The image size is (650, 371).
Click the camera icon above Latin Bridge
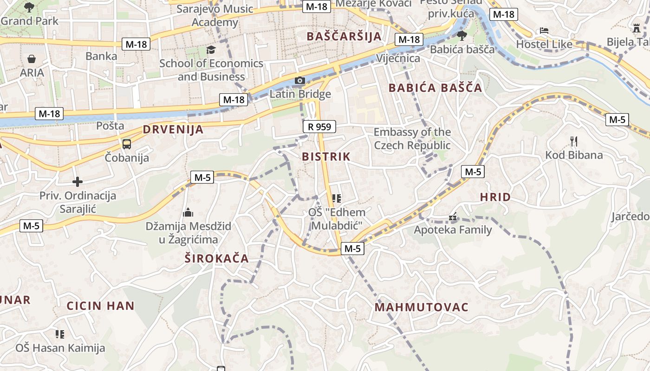[300, 81]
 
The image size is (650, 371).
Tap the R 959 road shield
[319, 126]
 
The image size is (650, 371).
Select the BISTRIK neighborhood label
[326, 157]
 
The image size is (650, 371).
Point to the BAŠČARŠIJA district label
[344, 36]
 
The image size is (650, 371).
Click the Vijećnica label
[398, 58]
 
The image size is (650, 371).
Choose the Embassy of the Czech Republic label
[412, 139]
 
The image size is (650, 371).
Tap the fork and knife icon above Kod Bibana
[574, 141]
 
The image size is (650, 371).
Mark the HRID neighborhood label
[495, 197]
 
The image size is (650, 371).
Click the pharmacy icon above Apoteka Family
[453, 217]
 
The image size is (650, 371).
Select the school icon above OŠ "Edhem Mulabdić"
[337, 199]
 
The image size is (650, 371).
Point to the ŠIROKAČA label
[216, 259]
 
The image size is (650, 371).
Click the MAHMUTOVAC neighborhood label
[421, 307]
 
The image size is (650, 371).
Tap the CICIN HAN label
[100, 306]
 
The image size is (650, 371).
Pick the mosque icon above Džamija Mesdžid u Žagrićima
[188, 212]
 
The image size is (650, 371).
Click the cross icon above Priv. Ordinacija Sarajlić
[78, 181]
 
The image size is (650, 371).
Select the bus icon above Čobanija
[127, 144]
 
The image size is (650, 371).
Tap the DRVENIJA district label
[173, 129]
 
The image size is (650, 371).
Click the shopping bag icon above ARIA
[32, 59]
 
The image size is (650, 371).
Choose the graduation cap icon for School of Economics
[211, 50]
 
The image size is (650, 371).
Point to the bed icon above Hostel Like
[544, 31]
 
